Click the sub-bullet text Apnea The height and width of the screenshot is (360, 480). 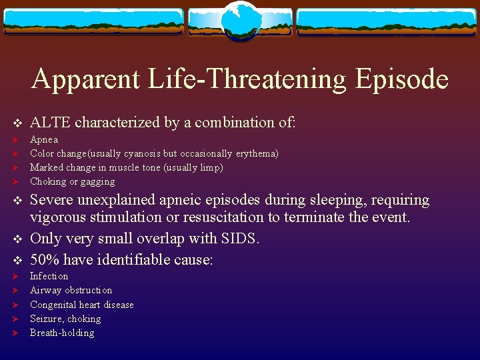click(44, 139)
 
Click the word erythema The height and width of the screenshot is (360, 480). click(255, 153)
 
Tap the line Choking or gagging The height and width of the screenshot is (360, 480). click(72, 181)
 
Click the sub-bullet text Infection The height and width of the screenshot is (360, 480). click(49, 276)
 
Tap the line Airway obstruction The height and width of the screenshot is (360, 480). click(71, 290)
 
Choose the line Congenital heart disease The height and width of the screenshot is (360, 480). click(81, 305)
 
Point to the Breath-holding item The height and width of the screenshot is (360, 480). click(62, 333)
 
